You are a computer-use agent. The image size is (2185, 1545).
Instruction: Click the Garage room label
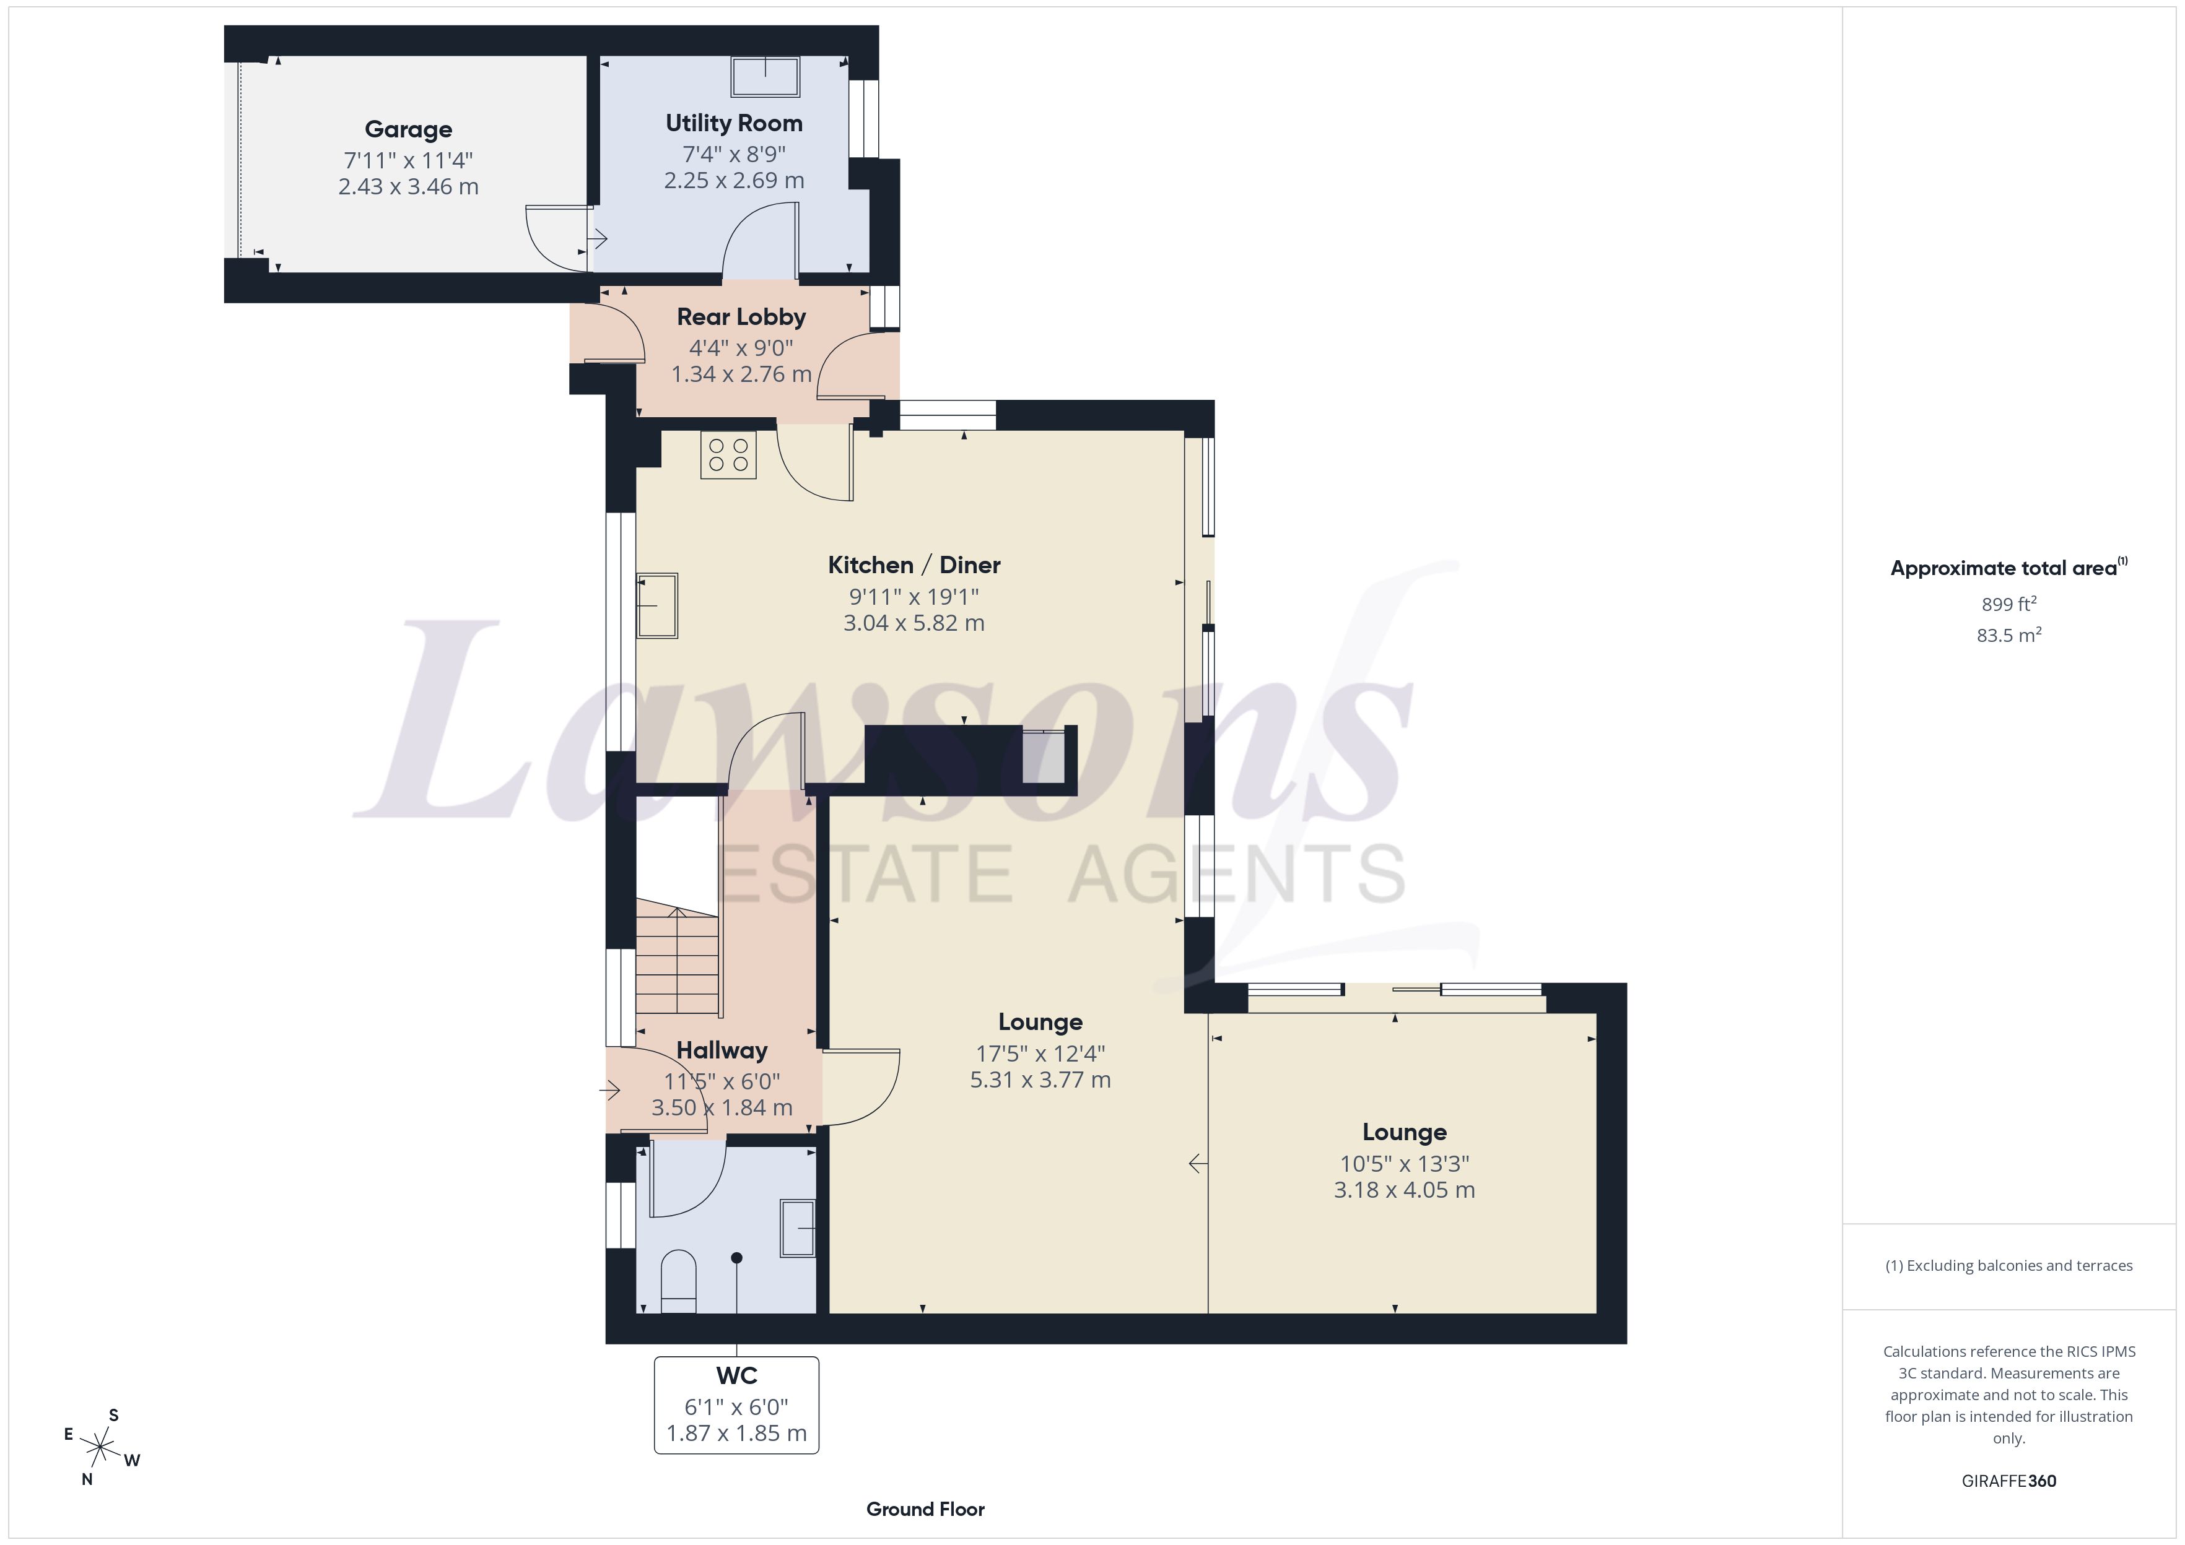point(408,129)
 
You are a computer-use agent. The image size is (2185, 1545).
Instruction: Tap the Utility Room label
point(734,123)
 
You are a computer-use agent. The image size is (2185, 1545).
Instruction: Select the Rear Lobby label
point(741,317)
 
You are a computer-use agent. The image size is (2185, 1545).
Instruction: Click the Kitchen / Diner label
point(914,565)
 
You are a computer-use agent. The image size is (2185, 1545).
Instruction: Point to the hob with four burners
point(729,455)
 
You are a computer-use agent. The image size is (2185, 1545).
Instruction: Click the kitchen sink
point(656,605)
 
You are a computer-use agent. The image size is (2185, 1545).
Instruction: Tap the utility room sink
point(765,76)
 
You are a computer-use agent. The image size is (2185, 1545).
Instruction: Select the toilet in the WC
point(679,1281)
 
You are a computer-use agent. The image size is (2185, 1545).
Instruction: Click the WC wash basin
point(798,1228)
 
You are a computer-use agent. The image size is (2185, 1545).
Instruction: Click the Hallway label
point(722,1050)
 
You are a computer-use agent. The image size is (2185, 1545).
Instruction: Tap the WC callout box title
point(736,1375)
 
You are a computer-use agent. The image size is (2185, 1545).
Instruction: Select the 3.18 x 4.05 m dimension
point(1405,1190)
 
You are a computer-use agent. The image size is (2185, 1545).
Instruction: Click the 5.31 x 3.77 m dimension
point(1040,1080)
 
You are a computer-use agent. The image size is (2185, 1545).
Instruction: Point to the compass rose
point(100,1448)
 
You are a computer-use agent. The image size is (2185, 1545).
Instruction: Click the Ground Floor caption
point(925,1509)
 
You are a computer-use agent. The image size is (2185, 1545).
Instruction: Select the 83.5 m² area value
point(2009,634)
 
